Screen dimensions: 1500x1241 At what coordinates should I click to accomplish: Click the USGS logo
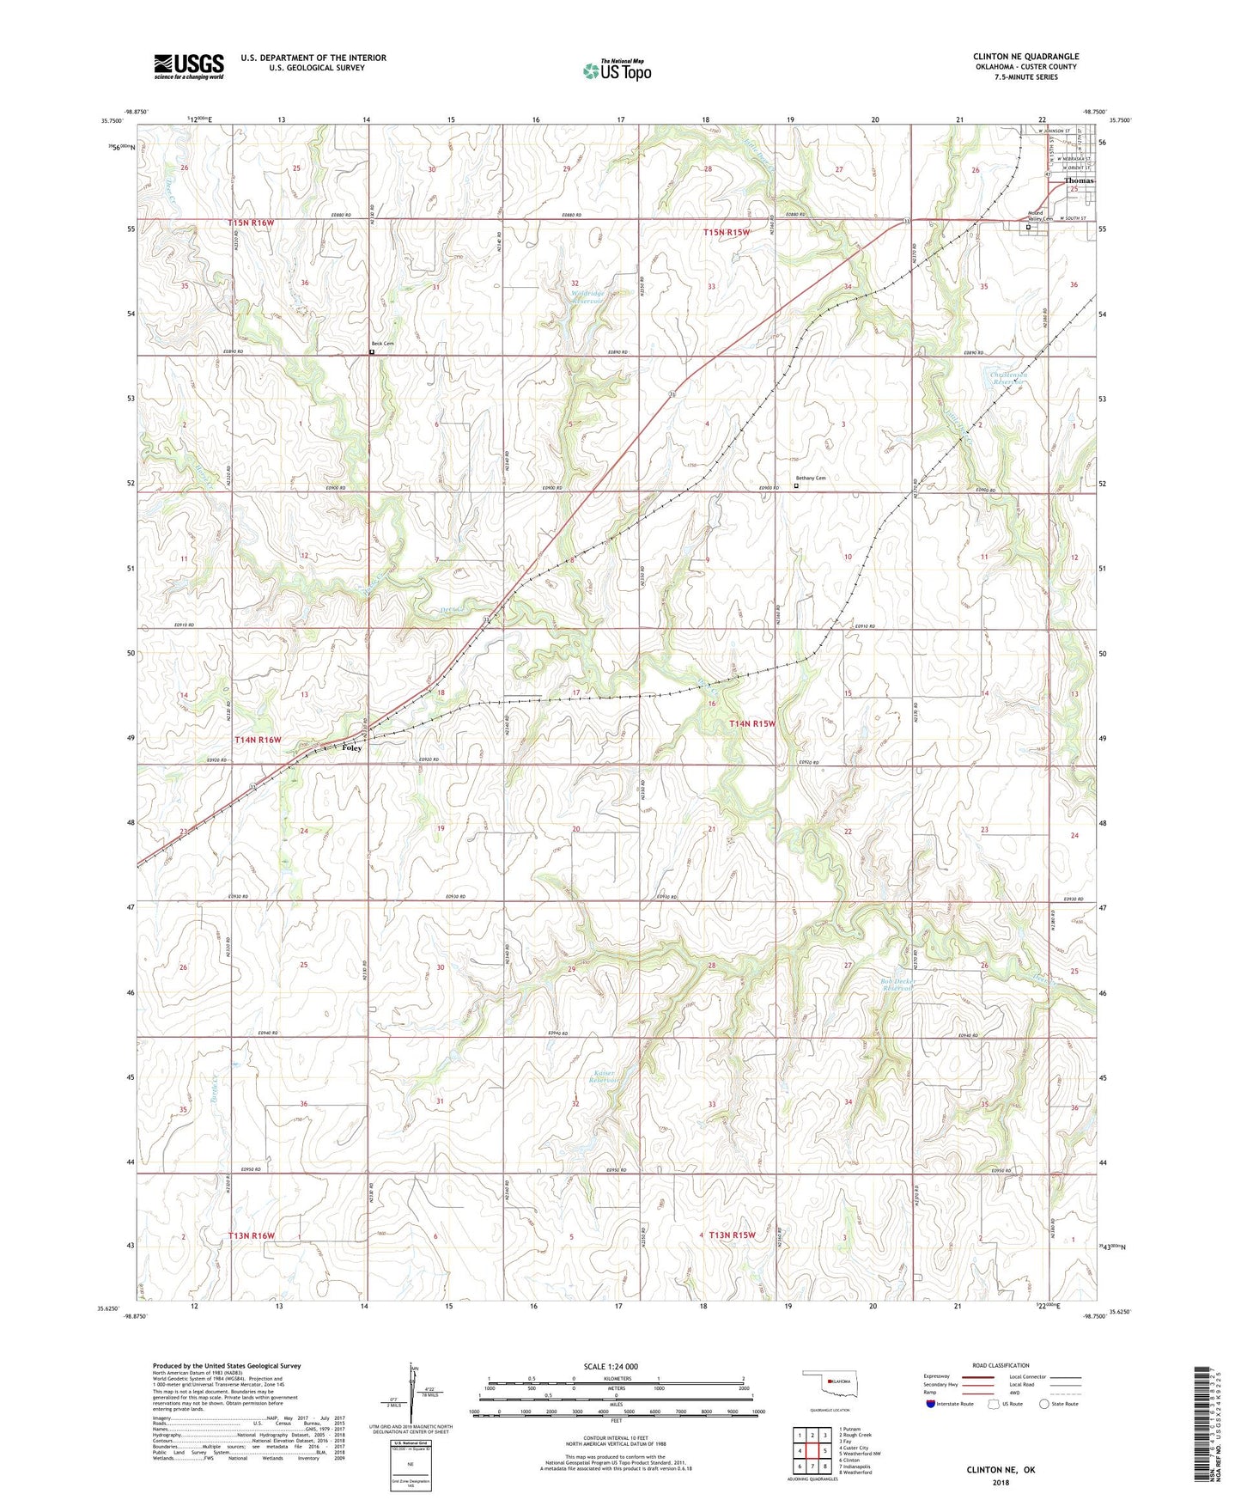[188, 66]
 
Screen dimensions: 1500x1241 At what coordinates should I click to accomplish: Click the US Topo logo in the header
[616, 70]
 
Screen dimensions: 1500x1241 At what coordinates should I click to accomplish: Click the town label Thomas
[1079, 181]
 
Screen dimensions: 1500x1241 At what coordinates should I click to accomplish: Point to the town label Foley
[351, 747]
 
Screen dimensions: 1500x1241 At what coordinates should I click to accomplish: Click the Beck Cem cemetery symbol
[372, 351]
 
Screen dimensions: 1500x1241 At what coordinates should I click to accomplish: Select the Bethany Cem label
[810, 479]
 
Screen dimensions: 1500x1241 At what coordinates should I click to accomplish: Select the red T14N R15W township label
[751, 724]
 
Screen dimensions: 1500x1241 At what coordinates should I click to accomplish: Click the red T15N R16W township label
[251, 223]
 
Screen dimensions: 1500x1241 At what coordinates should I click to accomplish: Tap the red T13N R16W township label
[252, 1235]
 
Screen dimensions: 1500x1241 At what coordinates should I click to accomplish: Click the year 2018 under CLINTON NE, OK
[1001, 1482]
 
